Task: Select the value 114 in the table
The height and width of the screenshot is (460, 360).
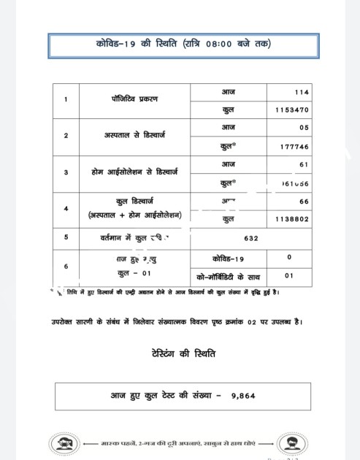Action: click(x=301, y=93)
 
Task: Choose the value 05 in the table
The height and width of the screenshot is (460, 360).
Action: click(x=304, y=127)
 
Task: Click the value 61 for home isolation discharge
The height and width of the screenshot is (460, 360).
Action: click(x=304, y=164)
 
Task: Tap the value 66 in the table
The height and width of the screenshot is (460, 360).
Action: click(x=304, y=201)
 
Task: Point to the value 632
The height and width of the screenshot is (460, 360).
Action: click(x=251, y=238)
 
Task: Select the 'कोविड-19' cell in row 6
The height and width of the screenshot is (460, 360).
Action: click(x=229, y=258)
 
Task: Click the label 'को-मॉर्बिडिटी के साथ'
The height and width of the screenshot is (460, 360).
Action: click(x=229, y=277)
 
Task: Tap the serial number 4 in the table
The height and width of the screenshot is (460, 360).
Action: click(x=66, y=208)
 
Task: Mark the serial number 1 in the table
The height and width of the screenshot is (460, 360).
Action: click(x=66, y=99)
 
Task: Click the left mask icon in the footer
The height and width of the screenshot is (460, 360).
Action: click(x=64, y=444)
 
